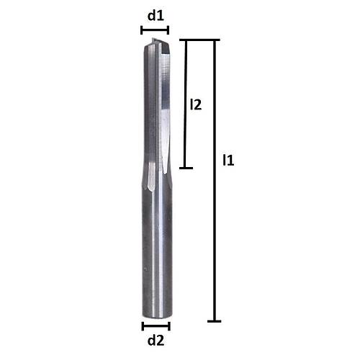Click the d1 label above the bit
(155, 14)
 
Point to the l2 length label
(194, 105)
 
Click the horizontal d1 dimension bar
(155, 30)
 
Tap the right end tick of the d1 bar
(168, 30)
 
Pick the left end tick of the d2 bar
(143, 325)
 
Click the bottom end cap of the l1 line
(213, 320)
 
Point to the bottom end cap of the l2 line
(186, 168)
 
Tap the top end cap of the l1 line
(214, 41)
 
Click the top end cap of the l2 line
(186, 41)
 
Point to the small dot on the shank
(146, 270)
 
